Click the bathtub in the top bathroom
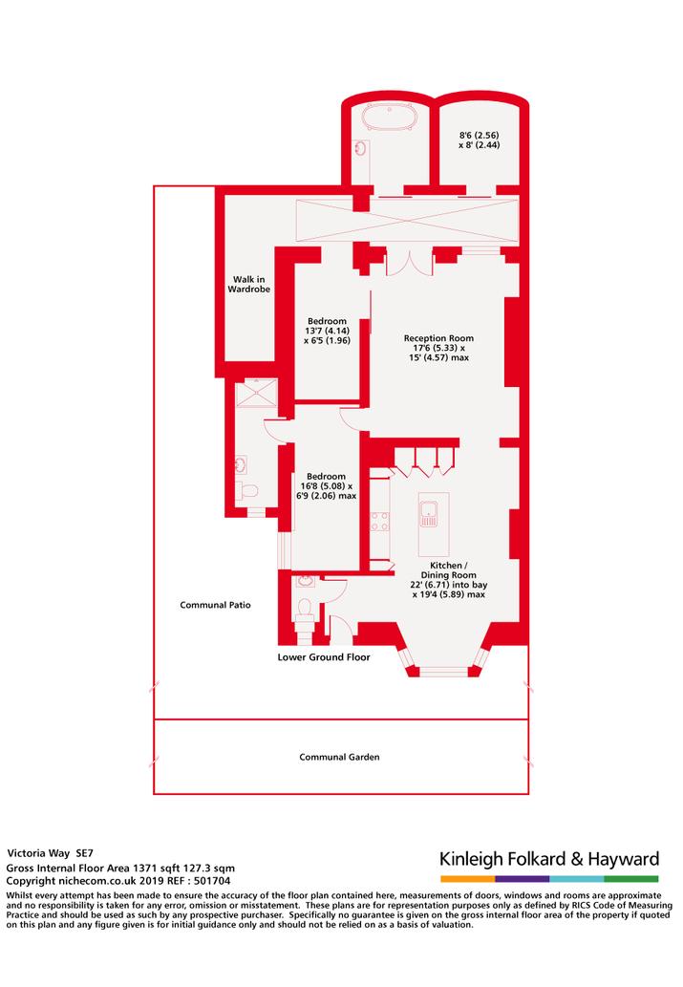click(x=390, y=118)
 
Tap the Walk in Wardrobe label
click(x=249, y=284)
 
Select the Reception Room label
click(x=438, y=338)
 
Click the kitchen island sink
click(x=429, y=514)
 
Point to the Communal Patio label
click(x=215, y=605)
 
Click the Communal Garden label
click(x=339, y=758)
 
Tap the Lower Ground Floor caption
click(x=324, y=657)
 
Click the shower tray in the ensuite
click(x=256, y=393)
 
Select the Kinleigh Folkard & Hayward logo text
click(x=549, y=859)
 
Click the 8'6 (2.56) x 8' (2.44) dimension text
click(x=479, y=139)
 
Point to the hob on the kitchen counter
click(x=379, y=522)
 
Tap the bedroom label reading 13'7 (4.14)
click(x=327, y=331)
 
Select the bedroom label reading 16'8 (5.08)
click(x=326, y=486)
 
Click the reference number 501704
click(x=212, y=881)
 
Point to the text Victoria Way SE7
click(x=51, y=853)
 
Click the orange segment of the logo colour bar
click(x=467, y=879)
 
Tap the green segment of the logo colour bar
click(x=631, y=879)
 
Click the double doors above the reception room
click(x=409, y=263)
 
